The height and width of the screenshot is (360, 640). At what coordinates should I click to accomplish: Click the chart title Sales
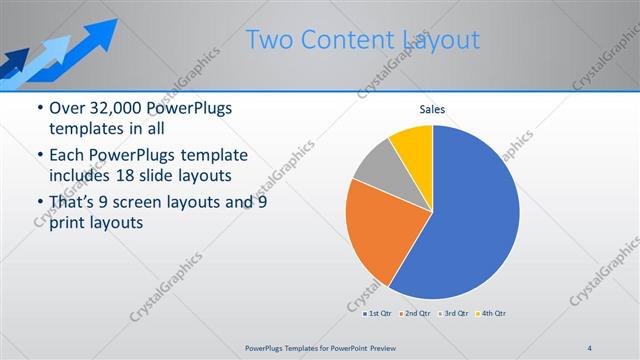pos(432,109)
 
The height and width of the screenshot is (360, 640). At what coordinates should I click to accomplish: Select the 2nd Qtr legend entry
pos(417,314)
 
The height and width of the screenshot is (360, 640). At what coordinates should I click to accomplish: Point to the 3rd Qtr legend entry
pos(455,314)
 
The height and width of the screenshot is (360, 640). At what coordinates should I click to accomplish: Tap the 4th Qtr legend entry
pos(492,314)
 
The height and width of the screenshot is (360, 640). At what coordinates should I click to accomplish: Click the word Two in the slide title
pos(267,40)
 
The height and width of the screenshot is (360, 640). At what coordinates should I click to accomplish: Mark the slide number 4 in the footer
pos(589,347)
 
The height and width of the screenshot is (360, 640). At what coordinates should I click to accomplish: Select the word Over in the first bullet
pos(68,108)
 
